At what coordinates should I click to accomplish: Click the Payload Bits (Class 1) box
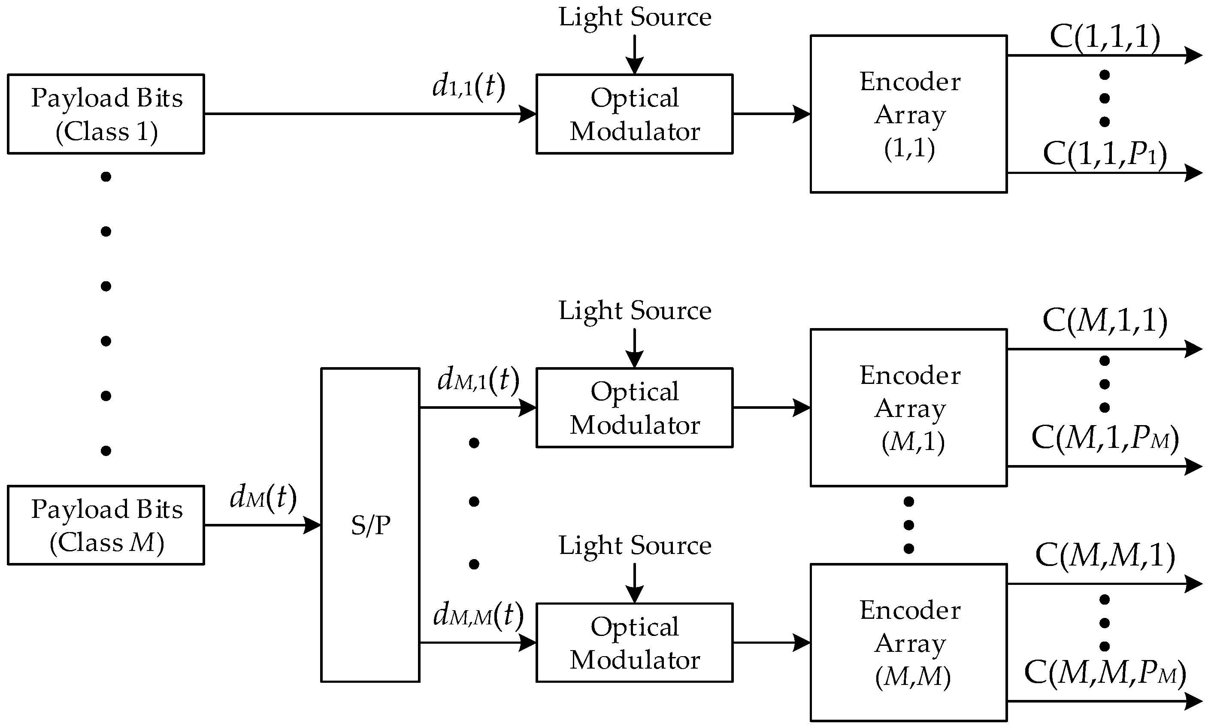(106, 114)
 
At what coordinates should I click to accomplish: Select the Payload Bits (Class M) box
(106, 525)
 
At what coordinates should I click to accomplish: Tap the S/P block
(370, 525)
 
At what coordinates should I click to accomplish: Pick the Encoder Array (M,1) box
(908, 408)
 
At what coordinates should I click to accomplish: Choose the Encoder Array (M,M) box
(908, 642)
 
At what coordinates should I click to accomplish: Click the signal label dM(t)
(263, 498)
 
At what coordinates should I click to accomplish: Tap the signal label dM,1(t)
(478, 380)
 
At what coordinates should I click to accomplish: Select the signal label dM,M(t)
(478, 615)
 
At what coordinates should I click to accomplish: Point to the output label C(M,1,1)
(1105, 321)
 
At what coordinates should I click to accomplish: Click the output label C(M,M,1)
(1105, 556)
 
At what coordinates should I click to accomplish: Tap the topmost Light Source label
(635, 18)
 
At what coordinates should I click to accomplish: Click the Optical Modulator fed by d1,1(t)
(634, 114)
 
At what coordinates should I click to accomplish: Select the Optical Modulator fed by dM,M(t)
(634, 642)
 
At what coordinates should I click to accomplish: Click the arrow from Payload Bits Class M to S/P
(262, 525)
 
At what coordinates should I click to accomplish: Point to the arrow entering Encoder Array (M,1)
(772, 408)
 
